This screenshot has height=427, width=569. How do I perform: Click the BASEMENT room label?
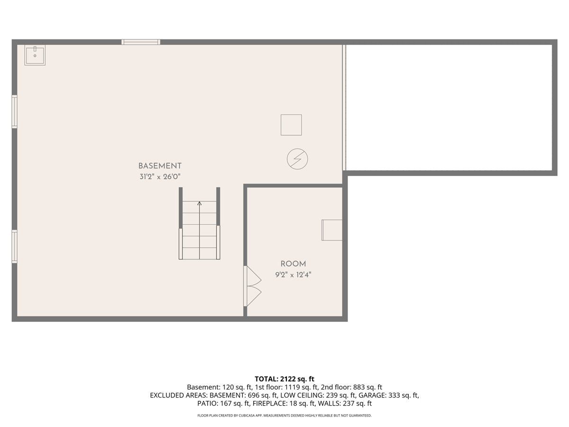coord(160,166)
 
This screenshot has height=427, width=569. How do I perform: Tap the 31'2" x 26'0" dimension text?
coord(160,177)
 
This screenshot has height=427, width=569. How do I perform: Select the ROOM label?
coord(293,264)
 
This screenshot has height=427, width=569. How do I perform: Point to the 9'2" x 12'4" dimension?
coord(293,275)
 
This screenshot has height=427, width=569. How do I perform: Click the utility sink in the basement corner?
coord(35,55)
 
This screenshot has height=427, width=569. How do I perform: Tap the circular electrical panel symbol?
coord(297,159)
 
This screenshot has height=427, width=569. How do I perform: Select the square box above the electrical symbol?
coord(291,125)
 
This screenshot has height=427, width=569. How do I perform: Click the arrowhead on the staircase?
coord(199,204)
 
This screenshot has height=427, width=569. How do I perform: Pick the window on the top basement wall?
coord(141,42)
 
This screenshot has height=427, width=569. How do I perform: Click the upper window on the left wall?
coord(15,111)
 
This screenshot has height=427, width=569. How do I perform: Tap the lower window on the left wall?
coord(15,247)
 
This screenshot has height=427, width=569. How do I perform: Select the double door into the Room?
coord(252,286)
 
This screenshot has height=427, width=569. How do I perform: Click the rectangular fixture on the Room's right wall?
coord(332,230)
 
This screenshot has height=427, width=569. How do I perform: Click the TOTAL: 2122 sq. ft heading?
coord(284,379)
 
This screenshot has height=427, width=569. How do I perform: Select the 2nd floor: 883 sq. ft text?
coord(351,387)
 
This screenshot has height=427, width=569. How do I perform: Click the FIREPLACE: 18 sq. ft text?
coord(284,403)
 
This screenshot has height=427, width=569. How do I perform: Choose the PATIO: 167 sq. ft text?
coord(224,403)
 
